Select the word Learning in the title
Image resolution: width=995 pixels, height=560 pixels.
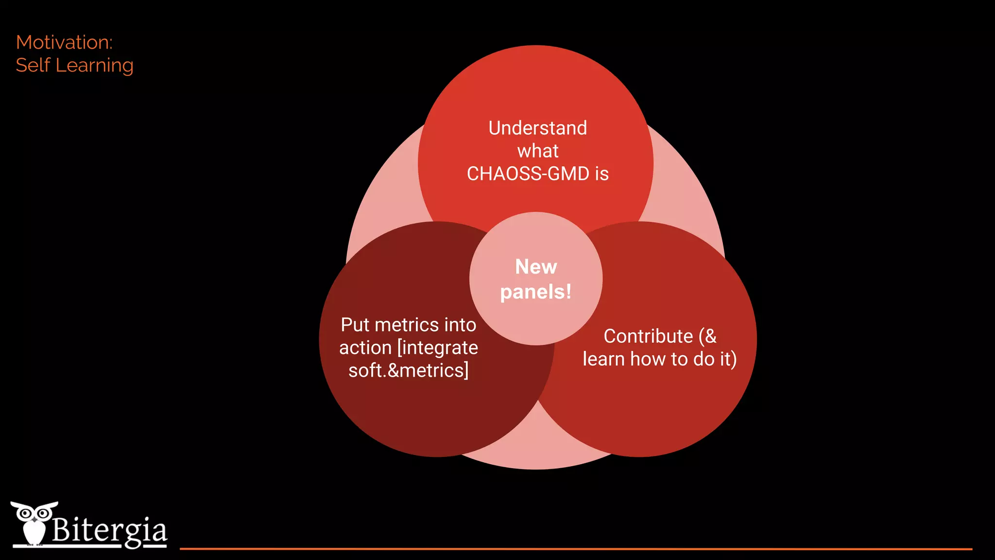(x=94, y=66)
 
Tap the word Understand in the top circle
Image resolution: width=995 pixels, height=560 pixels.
(x=537, y=128)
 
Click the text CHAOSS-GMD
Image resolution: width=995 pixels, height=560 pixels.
(x=528, y=174)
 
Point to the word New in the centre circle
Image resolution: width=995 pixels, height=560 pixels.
(x=536, y=267)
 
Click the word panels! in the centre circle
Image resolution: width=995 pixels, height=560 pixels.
(x=535, y=292)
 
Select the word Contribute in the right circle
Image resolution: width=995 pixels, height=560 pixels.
(x=648, y=336)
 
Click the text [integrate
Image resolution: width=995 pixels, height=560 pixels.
(x=437, y=348)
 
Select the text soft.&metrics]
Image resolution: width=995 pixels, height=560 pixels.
(x=408, y=370)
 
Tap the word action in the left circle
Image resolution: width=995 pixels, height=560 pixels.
(x=365, y=348)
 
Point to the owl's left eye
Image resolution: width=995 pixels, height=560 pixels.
(x=25, y=513)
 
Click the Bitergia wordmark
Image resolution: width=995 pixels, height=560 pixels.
(x=109, y=530)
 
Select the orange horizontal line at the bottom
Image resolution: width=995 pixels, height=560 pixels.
(x=576, y=549)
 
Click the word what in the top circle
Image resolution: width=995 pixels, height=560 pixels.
(x=537, y=151)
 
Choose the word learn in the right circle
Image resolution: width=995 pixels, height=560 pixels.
(x=603, y=359)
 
